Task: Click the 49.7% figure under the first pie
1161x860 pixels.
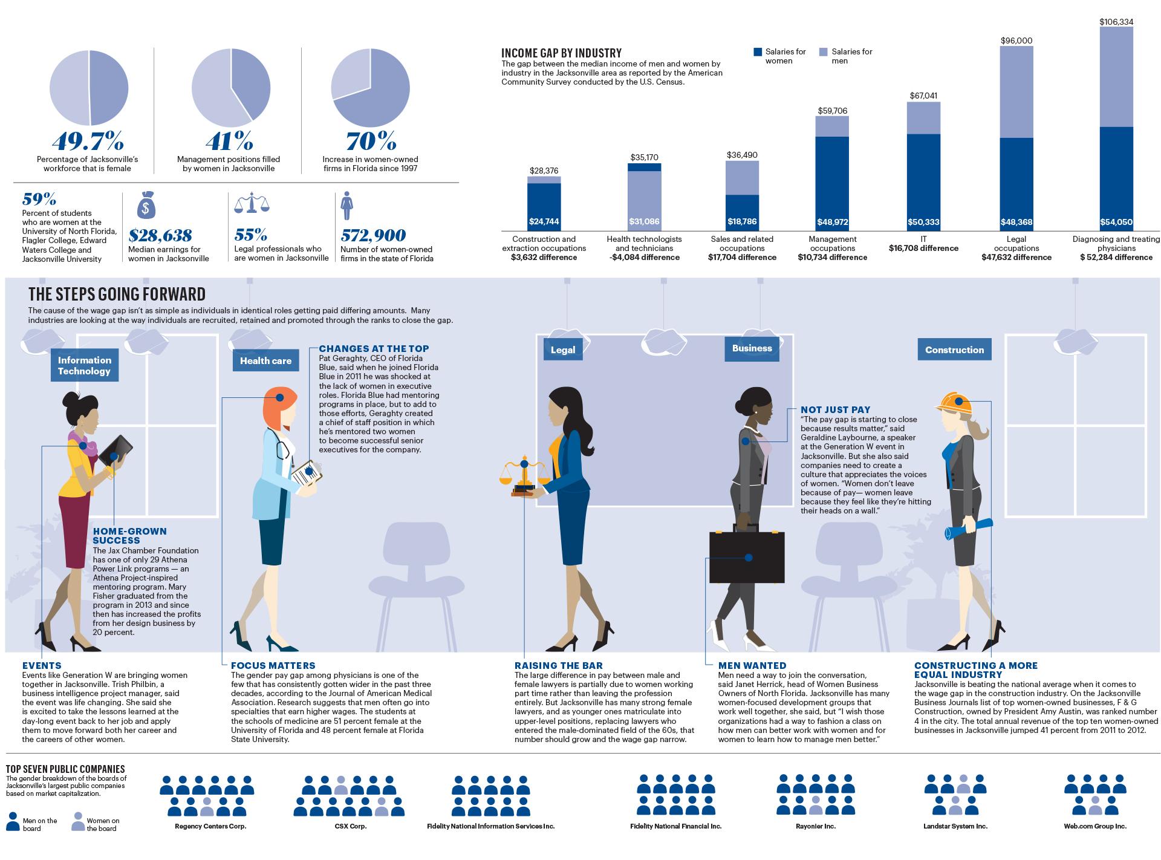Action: (88, 142)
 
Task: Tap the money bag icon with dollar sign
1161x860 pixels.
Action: (146, 206)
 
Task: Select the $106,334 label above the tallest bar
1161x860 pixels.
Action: (1116, 22)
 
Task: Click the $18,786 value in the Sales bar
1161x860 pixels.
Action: (742, 222)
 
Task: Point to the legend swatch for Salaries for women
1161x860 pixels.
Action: (758, 52)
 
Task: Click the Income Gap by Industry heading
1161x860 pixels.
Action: (561, 53)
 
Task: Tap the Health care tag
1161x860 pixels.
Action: (265, 361)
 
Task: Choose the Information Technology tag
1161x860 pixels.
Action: (84, 366)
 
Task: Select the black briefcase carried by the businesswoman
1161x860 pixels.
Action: (747, 556)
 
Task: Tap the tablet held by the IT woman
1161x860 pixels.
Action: (116, 451)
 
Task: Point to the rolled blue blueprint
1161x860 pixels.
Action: (969, 528)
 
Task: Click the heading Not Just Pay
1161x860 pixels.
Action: (835, 409)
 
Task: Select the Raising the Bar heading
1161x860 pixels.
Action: (558, 665)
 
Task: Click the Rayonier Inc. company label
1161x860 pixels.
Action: (814, 826)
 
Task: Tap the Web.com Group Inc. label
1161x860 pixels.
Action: (1095, 826)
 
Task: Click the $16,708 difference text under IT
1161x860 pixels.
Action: (923, 248)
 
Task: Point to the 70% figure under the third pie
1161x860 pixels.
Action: (371, 142)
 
